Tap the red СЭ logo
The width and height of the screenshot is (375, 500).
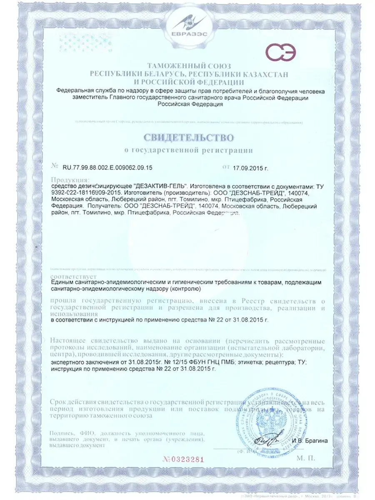tap(281, 53)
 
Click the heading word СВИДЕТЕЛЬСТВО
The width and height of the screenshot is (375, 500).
tap(188, 137)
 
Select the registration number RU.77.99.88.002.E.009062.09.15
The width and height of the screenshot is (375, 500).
tap(107, 167)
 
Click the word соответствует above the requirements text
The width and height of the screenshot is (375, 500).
tap(73, 276)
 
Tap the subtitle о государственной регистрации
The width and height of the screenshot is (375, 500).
tap(188, 149)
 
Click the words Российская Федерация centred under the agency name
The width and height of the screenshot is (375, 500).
tap(188, 104)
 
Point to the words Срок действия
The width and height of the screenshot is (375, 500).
tap(73, 402)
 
